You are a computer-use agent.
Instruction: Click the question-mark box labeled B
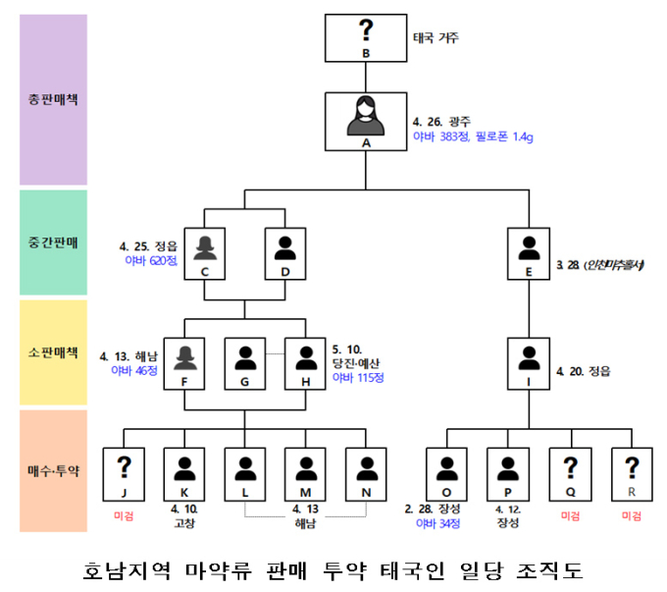click(366, 37)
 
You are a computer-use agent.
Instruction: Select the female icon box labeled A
click(366, 121)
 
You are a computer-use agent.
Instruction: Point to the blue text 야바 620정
click(147, 261)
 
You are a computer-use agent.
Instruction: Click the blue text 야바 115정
click(359, 376)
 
